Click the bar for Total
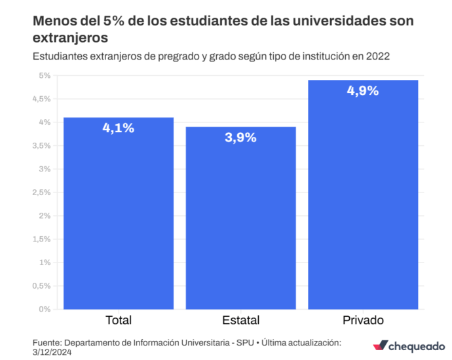point(119,213)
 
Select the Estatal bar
point(240,218)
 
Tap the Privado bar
point(363,194)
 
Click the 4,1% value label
point(119,128)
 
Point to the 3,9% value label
point(240,137)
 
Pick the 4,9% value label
point(363,91)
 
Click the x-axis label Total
point(119,320)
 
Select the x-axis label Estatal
point(240,320)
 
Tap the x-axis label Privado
point(363,320)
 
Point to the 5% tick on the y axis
point(45,75)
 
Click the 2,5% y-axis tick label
point(41,192)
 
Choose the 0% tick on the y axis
point(45,310)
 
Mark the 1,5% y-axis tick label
point(41,239)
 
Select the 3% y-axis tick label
point(45,169)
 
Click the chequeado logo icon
point(381,345)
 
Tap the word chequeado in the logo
point(417,346)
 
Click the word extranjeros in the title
point(70,38)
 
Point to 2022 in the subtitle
point(377,56)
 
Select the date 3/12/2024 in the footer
point(52,352)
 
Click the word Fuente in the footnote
point(47,343)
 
